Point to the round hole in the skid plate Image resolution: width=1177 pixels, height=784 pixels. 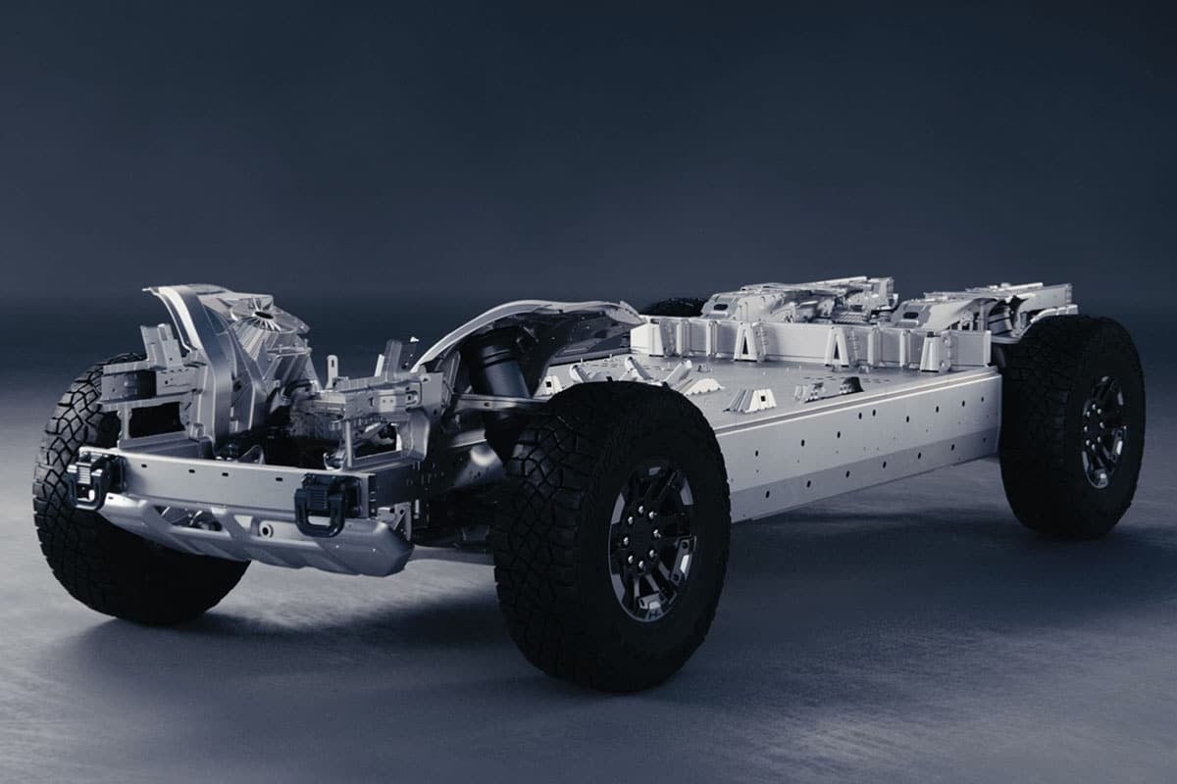pyautogui.click(x=263, y=530)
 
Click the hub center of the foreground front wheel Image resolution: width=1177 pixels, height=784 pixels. pyautogui.click(x=651, y=540)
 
